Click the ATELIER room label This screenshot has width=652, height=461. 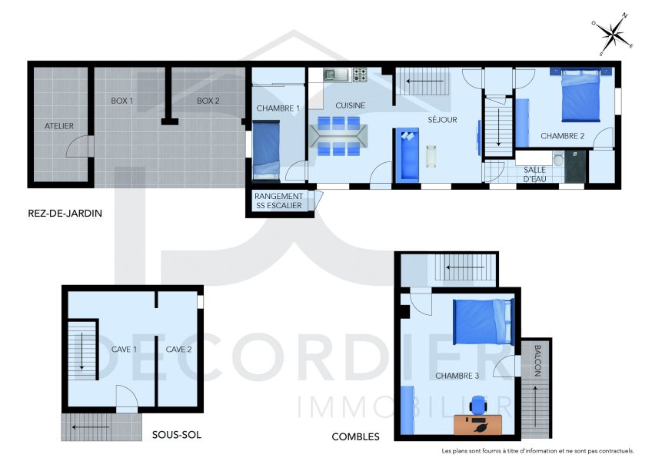[58, 125]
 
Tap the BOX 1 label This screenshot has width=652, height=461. [122, 101]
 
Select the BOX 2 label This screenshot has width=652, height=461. [208, 101]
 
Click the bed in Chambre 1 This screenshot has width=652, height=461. [265, 151]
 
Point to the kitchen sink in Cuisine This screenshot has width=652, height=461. [335, 75]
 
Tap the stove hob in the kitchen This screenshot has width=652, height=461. [359, 75]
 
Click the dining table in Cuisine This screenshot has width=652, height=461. [338, 135]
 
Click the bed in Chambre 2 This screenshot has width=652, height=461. [580, 95]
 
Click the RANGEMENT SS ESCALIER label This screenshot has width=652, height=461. [278, 201]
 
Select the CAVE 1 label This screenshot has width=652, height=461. [124, 349]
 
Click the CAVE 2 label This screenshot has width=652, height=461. [178, 349]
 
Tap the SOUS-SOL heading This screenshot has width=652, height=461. [176, 434]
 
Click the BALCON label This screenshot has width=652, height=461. [537, 360]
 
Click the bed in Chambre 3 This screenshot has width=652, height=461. [482, 321]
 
